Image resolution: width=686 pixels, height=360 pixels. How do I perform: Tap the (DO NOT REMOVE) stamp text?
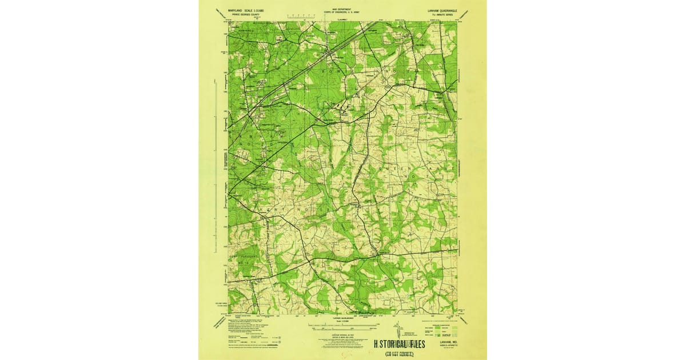(x=399, y=354)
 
